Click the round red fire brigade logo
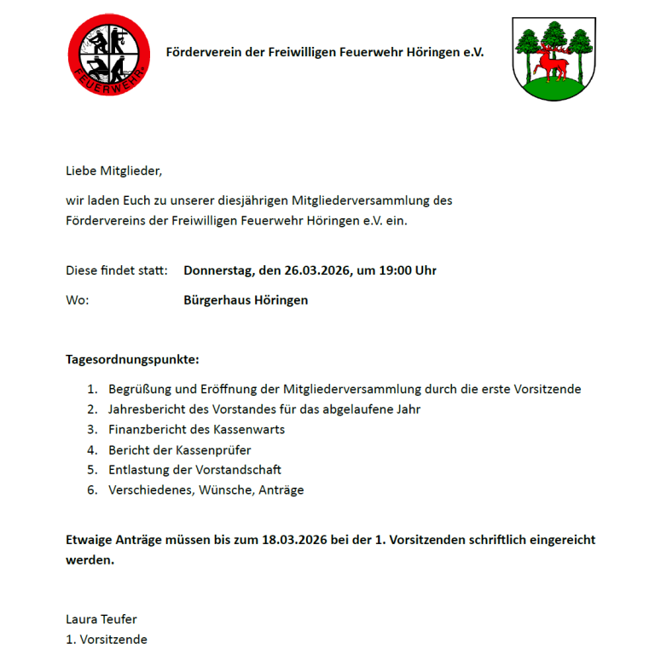pos(108,55)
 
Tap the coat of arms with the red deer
pos(554,58)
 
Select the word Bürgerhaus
pos(217,300)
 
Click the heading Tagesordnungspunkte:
pos(132,359)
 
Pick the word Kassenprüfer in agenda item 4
pos(215,449)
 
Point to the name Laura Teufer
pos(101,619)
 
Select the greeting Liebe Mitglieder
pos(113,171)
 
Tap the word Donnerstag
pos(218,270)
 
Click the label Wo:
pos(78,300)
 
